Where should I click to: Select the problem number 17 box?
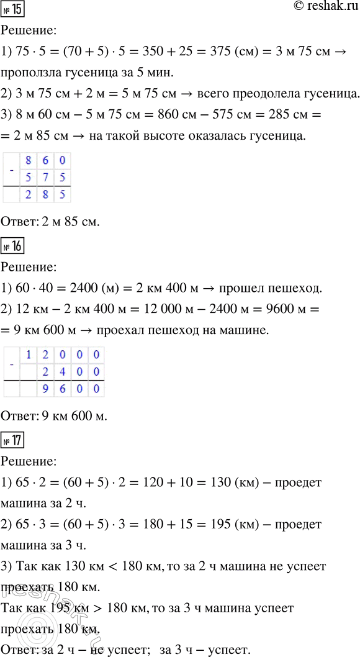click(x=14, y=443)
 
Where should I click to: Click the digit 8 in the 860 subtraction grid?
click(x=28, y=161)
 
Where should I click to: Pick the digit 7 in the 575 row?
click(x=45, y=178)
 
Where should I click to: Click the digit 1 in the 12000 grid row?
click(x=28, y=355)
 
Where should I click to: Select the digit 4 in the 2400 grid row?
click(x=62, y=372)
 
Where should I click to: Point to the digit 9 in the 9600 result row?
click(x=45, y=389)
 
